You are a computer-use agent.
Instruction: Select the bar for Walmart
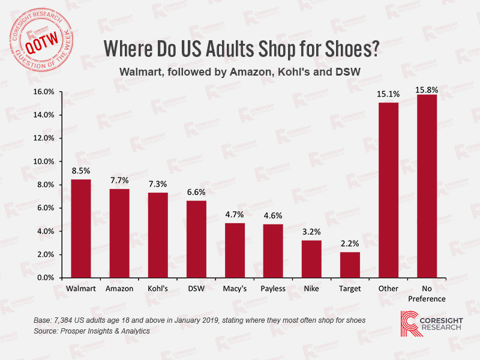tap(81, 229)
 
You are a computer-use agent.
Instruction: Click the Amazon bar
tap(119, 233)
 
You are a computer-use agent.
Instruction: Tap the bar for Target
tap(350, 265)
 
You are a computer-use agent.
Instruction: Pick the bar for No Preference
tap(427, 186)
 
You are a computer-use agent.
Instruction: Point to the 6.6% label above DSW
tap(196, 193)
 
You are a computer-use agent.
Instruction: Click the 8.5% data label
tap(81, 171)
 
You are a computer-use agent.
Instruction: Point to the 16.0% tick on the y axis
tap(44, 92)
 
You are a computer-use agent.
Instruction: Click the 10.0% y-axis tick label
tap(44, 161)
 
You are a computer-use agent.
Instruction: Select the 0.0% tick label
tap(46, 278)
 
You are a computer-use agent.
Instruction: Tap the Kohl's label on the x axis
tap(158, 289)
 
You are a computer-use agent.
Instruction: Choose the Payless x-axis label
tap(273, 289)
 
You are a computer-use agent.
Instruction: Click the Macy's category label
tap(235, 289)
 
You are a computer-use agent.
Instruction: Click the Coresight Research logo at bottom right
tap(431, 323)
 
